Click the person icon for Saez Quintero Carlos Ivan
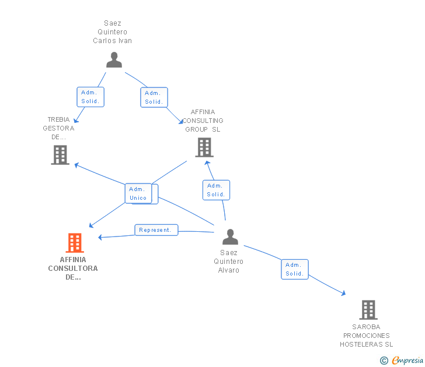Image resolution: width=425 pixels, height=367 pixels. click(114, 60)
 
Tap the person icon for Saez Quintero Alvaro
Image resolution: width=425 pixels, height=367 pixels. click(230, 237)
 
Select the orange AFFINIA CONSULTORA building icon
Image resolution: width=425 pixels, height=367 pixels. click(74, 242)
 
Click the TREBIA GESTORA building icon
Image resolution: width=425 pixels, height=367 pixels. click(60, 155)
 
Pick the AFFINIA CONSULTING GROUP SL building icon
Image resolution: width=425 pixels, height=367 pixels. click(204, 147)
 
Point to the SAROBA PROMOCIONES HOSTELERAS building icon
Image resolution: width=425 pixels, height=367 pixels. click(368, 309)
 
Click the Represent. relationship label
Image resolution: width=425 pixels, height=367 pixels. click(156, 230)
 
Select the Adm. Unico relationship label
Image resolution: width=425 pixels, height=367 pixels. click(138, 193)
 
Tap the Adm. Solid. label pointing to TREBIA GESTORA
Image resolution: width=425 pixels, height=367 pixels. click(90, 97)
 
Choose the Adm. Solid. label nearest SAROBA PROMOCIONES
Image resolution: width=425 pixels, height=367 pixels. click(294, 269)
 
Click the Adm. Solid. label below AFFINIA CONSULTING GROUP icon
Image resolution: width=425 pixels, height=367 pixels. click(215, 190)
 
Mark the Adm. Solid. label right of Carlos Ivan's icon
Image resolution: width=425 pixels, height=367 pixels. click(154, 97)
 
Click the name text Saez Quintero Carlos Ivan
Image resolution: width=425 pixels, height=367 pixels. click(113, 32)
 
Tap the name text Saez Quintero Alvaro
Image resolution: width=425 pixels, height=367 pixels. click(229, 262)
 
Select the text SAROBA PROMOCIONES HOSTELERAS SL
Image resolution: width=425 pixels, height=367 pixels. click(367, 336)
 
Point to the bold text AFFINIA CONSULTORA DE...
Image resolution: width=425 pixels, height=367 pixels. click(73, 269)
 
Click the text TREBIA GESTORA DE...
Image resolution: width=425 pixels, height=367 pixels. click(59, 128)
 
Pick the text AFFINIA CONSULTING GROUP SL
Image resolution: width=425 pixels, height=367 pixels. click(203, 121)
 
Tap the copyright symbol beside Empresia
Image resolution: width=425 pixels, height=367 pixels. click(384, 361)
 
